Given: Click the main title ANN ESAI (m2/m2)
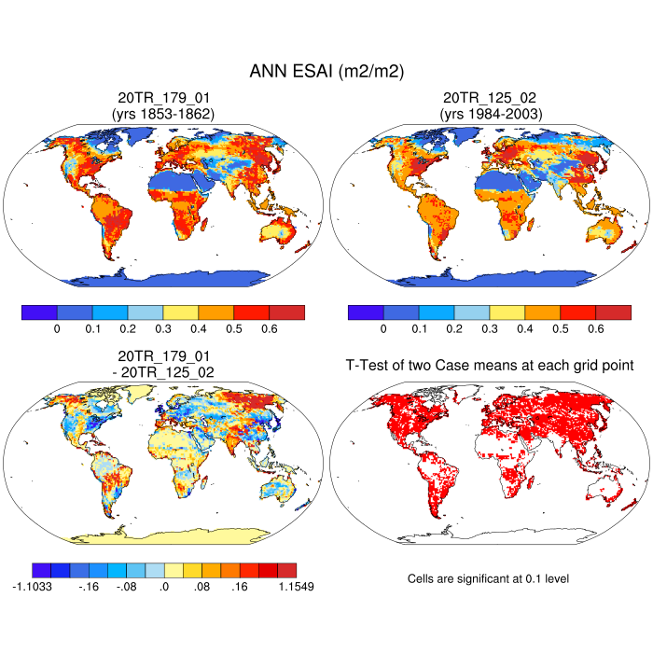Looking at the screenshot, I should coord(326,71).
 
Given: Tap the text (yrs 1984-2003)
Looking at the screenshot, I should coord(489,113).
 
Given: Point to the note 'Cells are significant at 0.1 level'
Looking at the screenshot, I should coord(488,579).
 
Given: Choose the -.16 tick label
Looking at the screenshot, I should coord(89,588).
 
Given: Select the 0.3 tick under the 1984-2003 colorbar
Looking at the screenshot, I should coord(490,329).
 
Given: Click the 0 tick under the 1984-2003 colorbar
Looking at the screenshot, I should coord(383,329).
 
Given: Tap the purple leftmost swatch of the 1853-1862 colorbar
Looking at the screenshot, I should coord(39,313).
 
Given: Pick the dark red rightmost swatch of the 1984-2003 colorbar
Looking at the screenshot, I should coord(613,313).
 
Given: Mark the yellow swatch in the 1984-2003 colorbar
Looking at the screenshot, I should coord(507,313).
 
